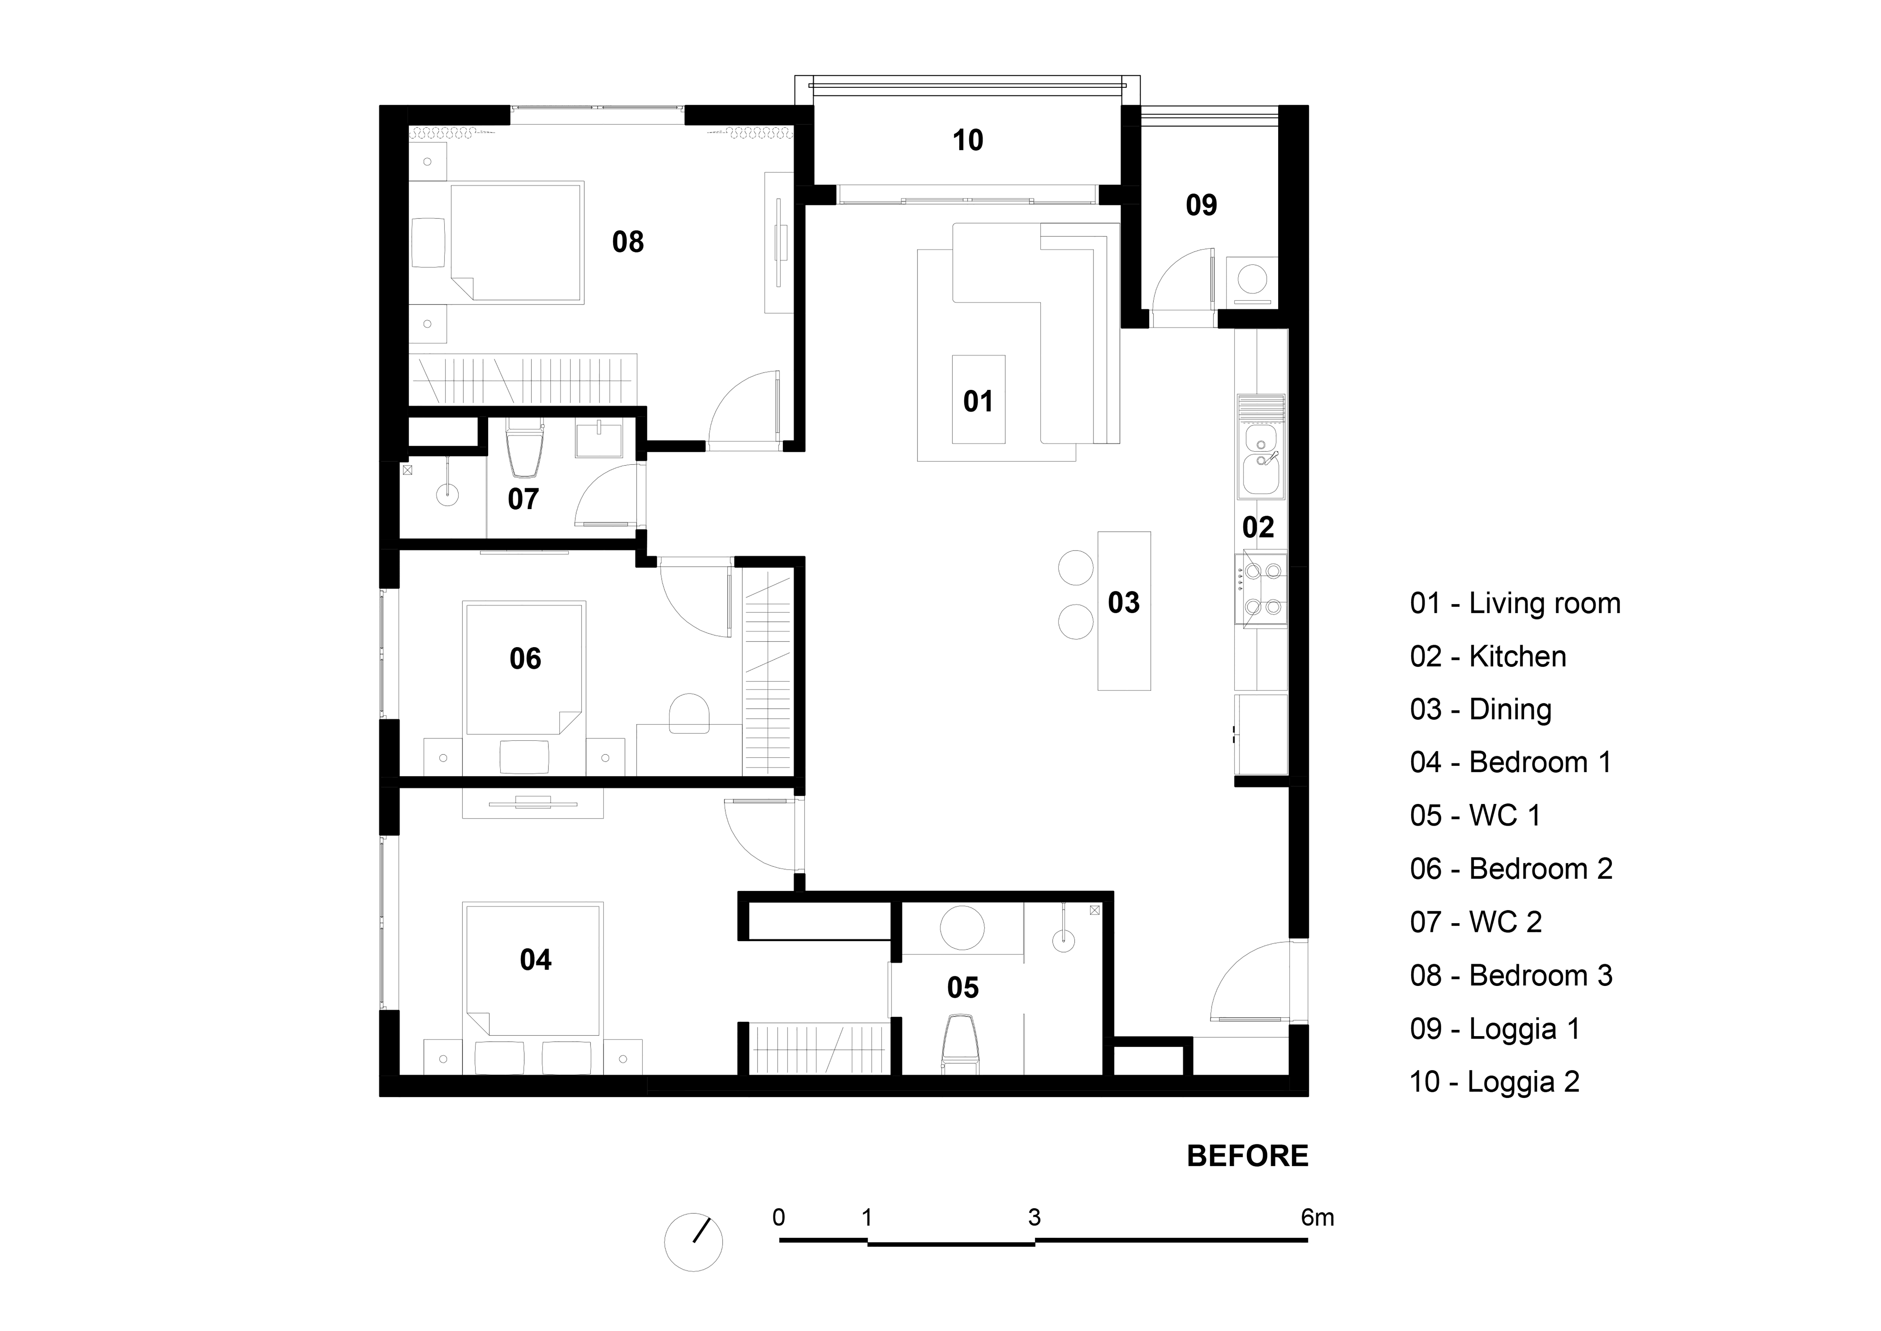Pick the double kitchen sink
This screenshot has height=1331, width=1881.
(1262, 462)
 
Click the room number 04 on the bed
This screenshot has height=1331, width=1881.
(536, 960)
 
